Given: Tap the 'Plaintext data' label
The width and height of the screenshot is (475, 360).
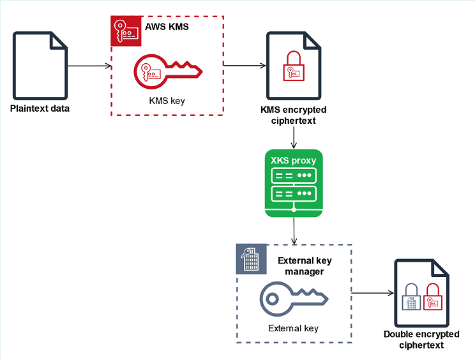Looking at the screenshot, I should [40, 108].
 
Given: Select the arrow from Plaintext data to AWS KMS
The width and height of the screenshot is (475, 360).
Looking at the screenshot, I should [89, 66].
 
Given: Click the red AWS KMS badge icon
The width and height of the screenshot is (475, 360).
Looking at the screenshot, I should [125, 30].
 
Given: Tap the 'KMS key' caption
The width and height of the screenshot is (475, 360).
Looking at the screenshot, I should [167, 101].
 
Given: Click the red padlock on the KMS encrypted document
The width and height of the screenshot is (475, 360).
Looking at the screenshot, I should [293, 67].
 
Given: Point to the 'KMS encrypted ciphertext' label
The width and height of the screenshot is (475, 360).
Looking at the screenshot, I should [293, 115].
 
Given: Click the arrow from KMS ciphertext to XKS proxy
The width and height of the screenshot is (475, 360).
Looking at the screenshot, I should [293, 137].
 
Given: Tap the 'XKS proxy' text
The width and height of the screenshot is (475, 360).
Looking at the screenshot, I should [293, 161].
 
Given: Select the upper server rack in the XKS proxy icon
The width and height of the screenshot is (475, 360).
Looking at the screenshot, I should [293, 176].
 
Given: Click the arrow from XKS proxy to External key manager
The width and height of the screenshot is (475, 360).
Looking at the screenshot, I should [293, 230].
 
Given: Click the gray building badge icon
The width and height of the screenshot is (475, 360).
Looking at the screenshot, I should [250, 259].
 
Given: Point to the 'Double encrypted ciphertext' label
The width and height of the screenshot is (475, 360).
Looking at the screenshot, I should [421, 340].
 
